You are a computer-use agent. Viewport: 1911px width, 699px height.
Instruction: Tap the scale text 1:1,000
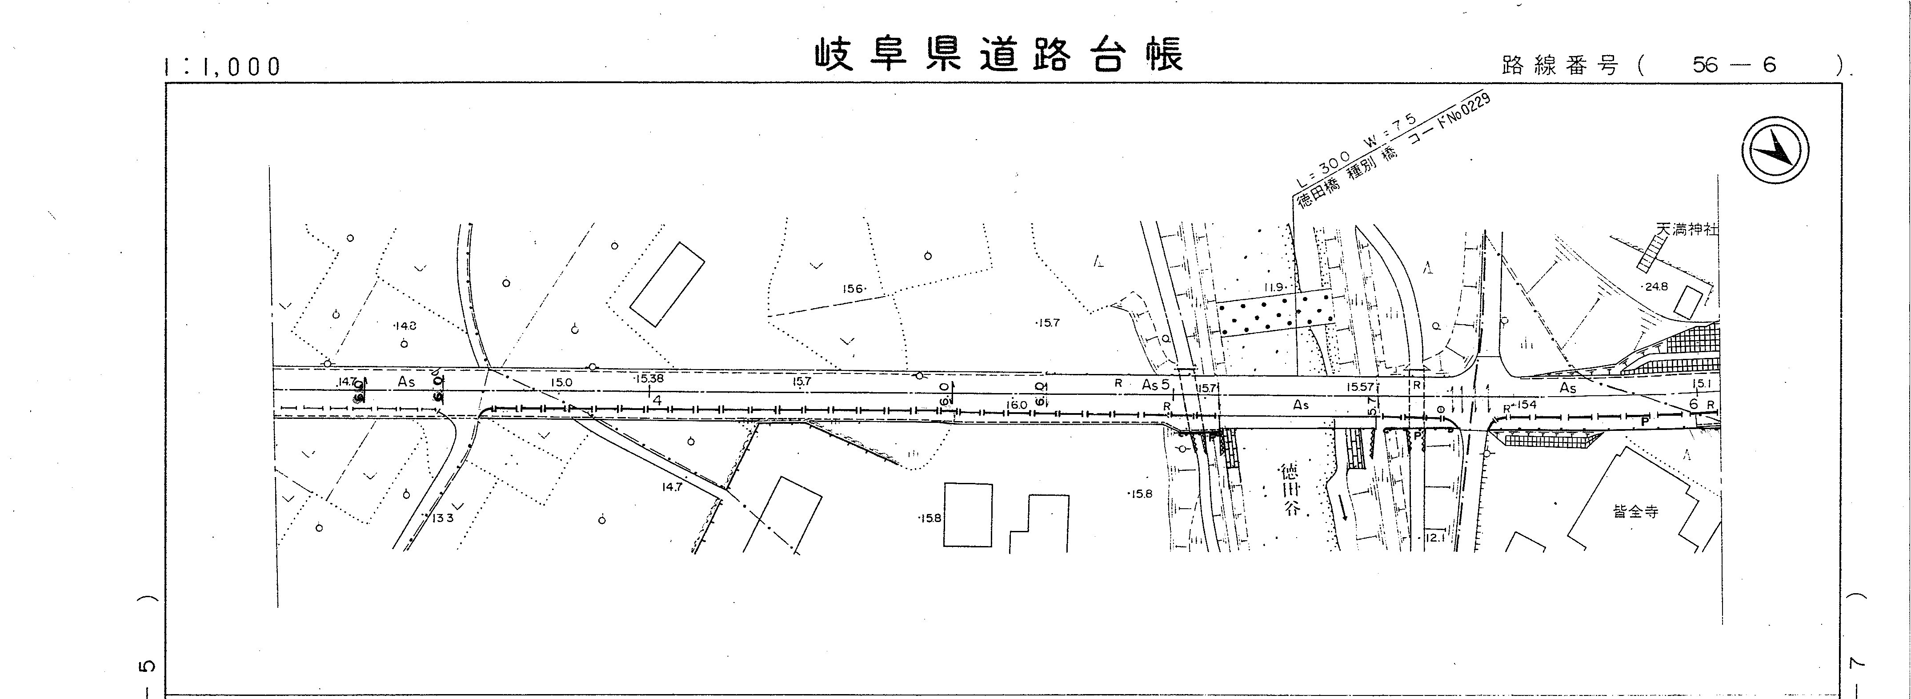point(223,67)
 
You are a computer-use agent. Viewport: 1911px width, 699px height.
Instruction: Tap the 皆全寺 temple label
point(1636,511)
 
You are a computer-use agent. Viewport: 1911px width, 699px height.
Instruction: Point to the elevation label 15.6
point(853,289)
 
